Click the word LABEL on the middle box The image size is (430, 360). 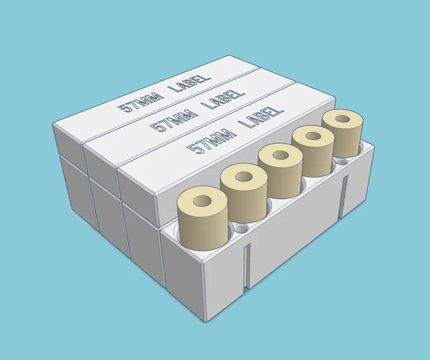click(224, 97)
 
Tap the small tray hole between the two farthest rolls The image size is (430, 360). click(344, 163)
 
